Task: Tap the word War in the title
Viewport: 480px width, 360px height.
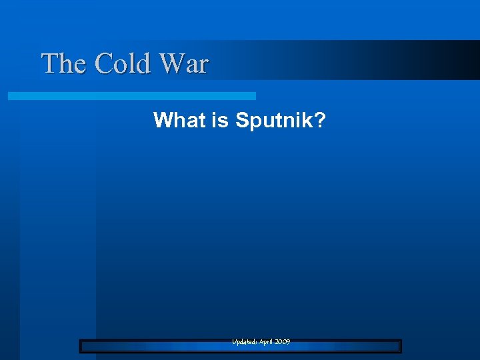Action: (x=183, y=64)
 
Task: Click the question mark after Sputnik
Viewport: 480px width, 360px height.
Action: (x=320, y=121)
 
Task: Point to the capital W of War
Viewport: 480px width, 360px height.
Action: (x=171, y=64)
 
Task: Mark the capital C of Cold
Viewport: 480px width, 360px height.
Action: (x=103, y=64)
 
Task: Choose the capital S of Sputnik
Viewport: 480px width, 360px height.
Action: (x=241, y=121)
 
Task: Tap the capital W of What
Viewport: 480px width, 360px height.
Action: (x=163, y=121)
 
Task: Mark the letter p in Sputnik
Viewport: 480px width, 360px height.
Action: (x=253, y=122)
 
